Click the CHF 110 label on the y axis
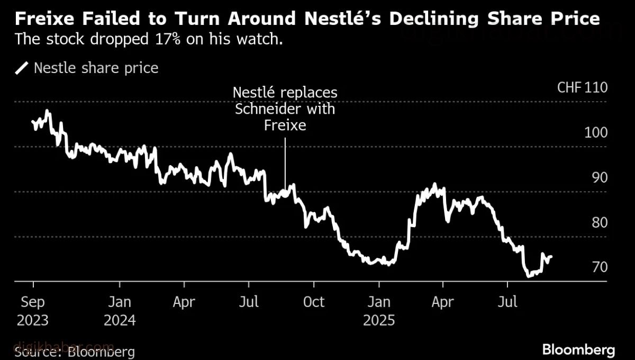582,88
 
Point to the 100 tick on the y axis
596,133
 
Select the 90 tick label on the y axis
599,178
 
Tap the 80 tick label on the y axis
599,223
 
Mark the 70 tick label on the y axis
599,267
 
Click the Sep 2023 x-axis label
33,311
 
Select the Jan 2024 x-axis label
120,311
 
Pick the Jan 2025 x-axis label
378,311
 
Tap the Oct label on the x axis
314,302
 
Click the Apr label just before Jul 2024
184,302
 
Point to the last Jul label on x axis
507,302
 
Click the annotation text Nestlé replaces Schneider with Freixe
285,109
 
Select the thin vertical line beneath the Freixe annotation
285,164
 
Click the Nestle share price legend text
96,68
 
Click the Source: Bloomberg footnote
75,352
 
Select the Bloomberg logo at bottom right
578,349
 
